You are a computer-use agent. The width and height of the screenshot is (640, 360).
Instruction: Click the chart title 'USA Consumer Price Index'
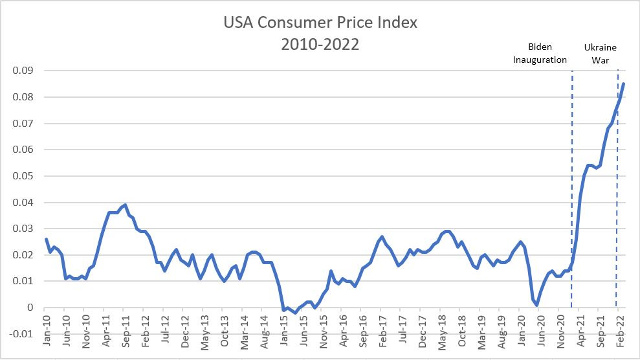coord(320,22)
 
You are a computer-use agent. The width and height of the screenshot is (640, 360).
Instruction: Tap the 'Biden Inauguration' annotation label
coord(540,53)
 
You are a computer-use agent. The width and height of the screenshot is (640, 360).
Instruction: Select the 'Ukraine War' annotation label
coord(600,53)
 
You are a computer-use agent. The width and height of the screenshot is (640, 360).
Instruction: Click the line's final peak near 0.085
coord(624,84)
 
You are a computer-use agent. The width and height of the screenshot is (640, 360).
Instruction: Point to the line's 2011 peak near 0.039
coord(125,205)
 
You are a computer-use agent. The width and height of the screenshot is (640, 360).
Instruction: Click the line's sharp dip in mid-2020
coord(537,305)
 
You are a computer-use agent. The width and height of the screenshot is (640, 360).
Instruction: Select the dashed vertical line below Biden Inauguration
coord(572,194)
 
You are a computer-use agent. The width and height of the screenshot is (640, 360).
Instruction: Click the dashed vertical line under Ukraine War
coord(617,194)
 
